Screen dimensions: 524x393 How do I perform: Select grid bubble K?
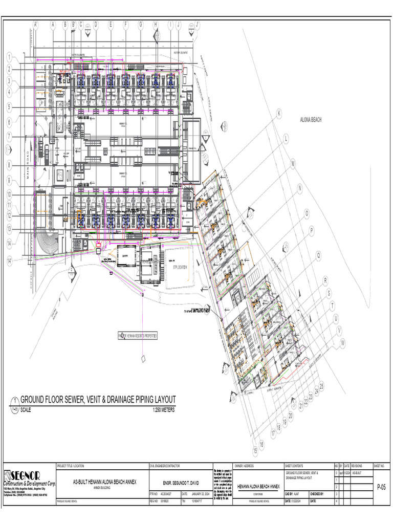pos(279,113)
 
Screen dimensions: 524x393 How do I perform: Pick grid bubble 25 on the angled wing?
pos(321,385)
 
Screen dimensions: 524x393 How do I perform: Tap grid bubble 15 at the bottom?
pos(255,451)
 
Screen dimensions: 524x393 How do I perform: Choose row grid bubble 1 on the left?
pos(9,56)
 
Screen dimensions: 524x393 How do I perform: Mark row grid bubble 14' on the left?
pos(9,261)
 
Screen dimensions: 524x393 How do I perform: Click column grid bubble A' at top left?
pos(36,24)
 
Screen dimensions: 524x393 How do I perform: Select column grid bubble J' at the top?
pos(197,24)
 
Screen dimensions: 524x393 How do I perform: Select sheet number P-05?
pos(382,488)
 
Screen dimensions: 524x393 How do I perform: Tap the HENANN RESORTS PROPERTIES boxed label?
pos(138,336)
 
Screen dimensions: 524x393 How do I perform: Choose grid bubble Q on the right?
pos(318,254)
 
